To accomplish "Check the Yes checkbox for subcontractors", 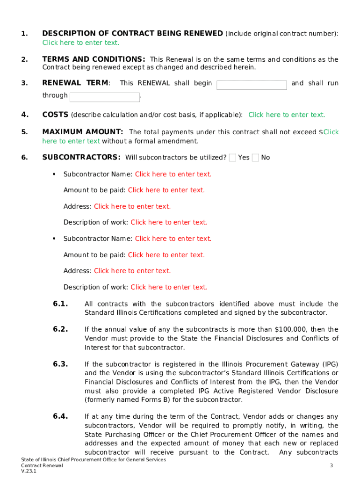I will [x=232, y=158].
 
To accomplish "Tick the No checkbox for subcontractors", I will [x=255, y=158].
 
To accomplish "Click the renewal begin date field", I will [x=252, y=85].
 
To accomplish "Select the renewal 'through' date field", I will [x=105, y=97].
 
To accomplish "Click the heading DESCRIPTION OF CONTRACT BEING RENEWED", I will [x=132, y=33].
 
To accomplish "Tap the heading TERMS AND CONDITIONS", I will [x=94, y=59].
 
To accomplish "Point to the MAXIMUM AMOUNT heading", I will [x=83, y=132].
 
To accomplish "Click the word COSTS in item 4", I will [x=55, y=115].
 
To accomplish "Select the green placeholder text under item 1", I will [x=80, y=43].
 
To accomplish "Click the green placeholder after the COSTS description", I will [x=287, y=115].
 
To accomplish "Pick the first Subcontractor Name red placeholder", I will [x=173, y=174].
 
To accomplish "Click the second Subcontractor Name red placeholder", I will [x=173, y=239].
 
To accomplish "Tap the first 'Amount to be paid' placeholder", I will [x=166, y=190].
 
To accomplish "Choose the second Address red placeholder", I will [x=132, y=271].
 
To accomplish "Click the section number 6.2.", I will [x=61, y=329].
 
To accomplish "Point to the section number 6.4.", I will [x=61, y=416].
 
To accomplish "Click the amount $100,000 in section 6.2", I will [x=290, y=329].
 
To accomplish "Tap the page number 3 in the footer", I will [x=331, y=465].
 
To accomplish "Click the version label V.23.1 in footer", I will [x=29, y=471].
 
